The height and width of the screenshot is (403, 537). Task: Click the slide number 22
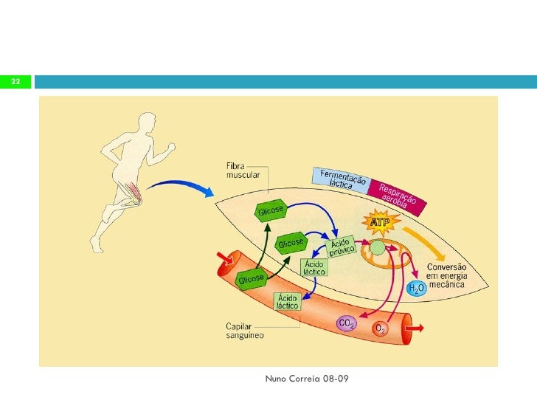point(15,81)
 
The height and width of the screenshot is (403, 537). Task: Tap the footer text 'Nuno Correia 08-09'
point(306,379)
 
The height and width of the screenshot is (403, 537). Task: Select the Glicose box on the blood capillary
point(251,279)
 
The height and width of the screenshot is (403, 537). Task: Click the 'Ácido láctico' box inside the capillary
point(286,300)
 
